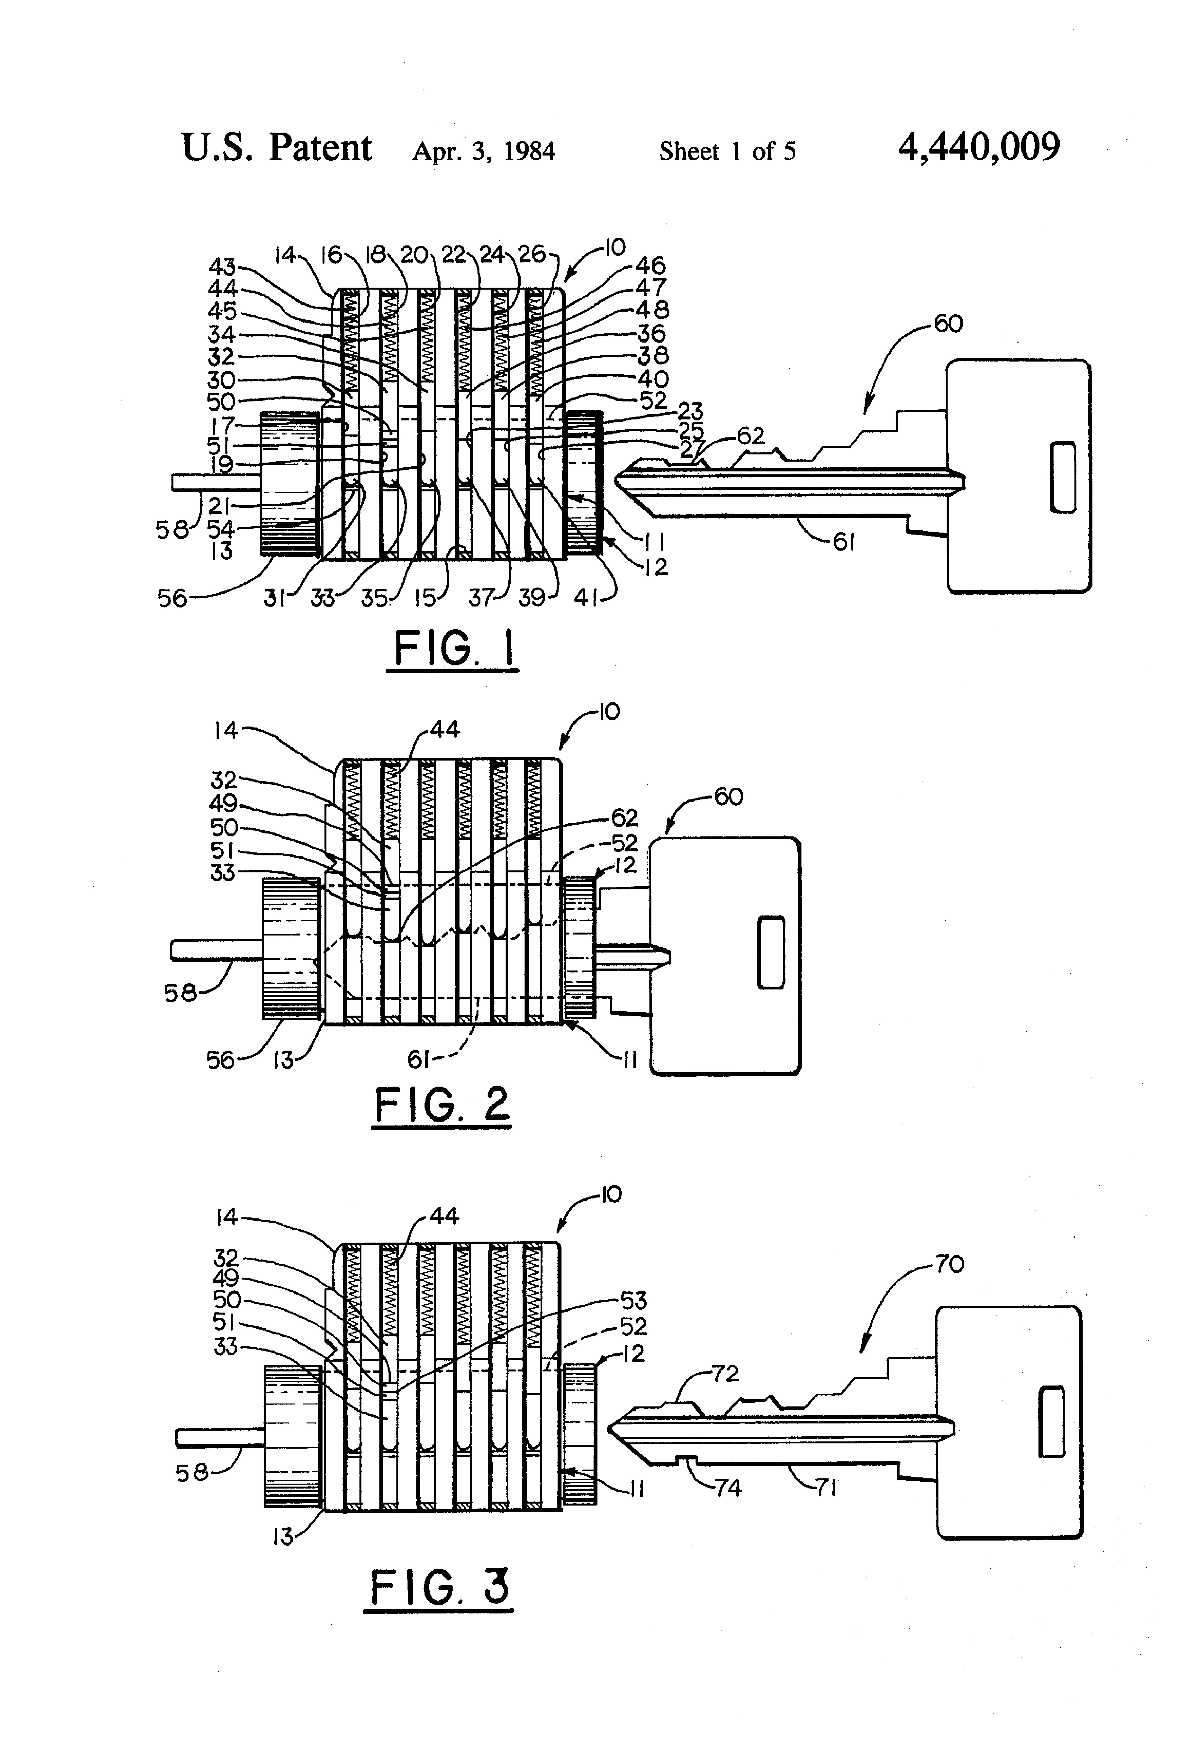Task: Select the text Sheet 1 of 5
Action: [x=727, y=151]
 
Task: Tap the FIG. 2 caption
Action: [x=442, y=1105]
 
